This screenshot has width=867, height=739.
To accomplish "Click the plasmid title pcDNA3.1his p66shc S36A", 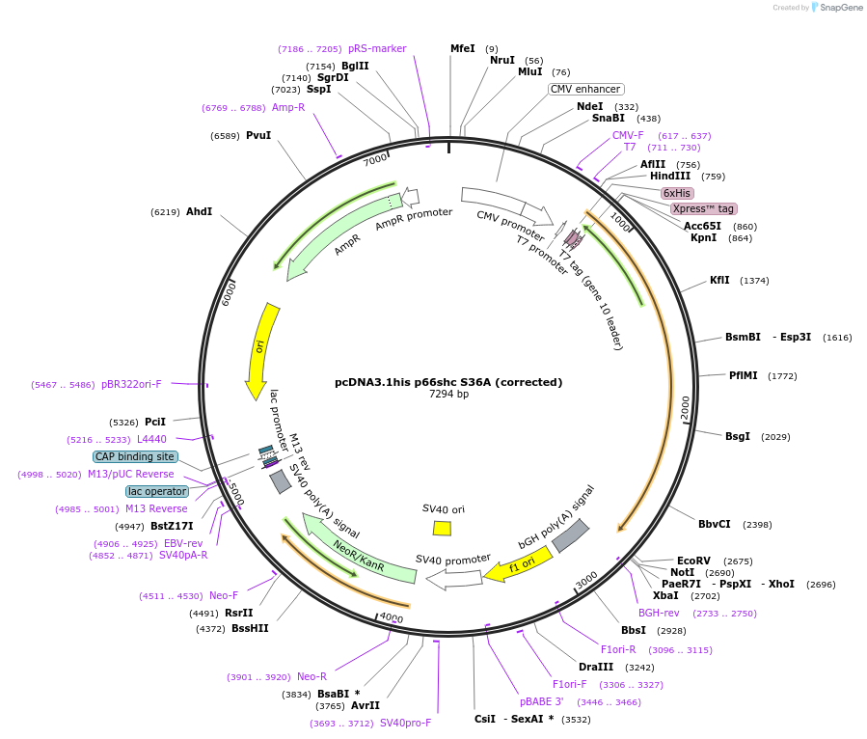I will coord(448,382).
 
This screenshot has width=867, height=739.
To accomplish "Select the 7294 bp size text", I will coord(448,394).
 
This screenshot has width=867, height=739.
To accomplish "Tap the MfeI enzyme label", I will coord(463,48).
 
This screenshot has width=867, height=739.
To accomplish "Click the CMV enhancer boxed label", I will coord(586,89).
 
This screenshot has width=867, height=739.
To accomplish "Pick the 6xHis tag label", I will coord(676,193).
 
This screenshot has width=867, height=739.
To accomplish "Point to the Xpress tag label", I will coord(703,208).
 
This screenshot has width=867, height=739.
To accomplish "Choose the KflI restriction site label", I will coord(719,280).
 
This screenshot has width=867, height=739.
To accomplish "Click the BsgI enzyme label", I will coord(738,436).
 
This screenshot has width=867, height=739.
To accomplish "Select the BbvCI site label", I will coord(715,524).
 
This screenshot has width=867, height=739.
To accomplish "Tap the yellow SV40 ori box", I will coord(442,528).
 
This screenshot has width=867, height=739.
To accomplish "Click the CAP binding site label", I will coord(135,456).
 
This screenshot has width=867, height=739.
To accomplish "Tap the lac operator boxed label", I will coord(157,491).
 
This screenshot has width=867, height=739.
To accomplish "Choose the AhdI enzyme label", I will coord(199,211).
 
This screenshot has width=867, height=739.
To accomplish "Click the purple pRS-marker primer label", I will coord(377,48).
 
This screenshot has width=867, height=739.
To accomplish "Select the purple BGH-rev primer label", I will coord(659,613).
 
